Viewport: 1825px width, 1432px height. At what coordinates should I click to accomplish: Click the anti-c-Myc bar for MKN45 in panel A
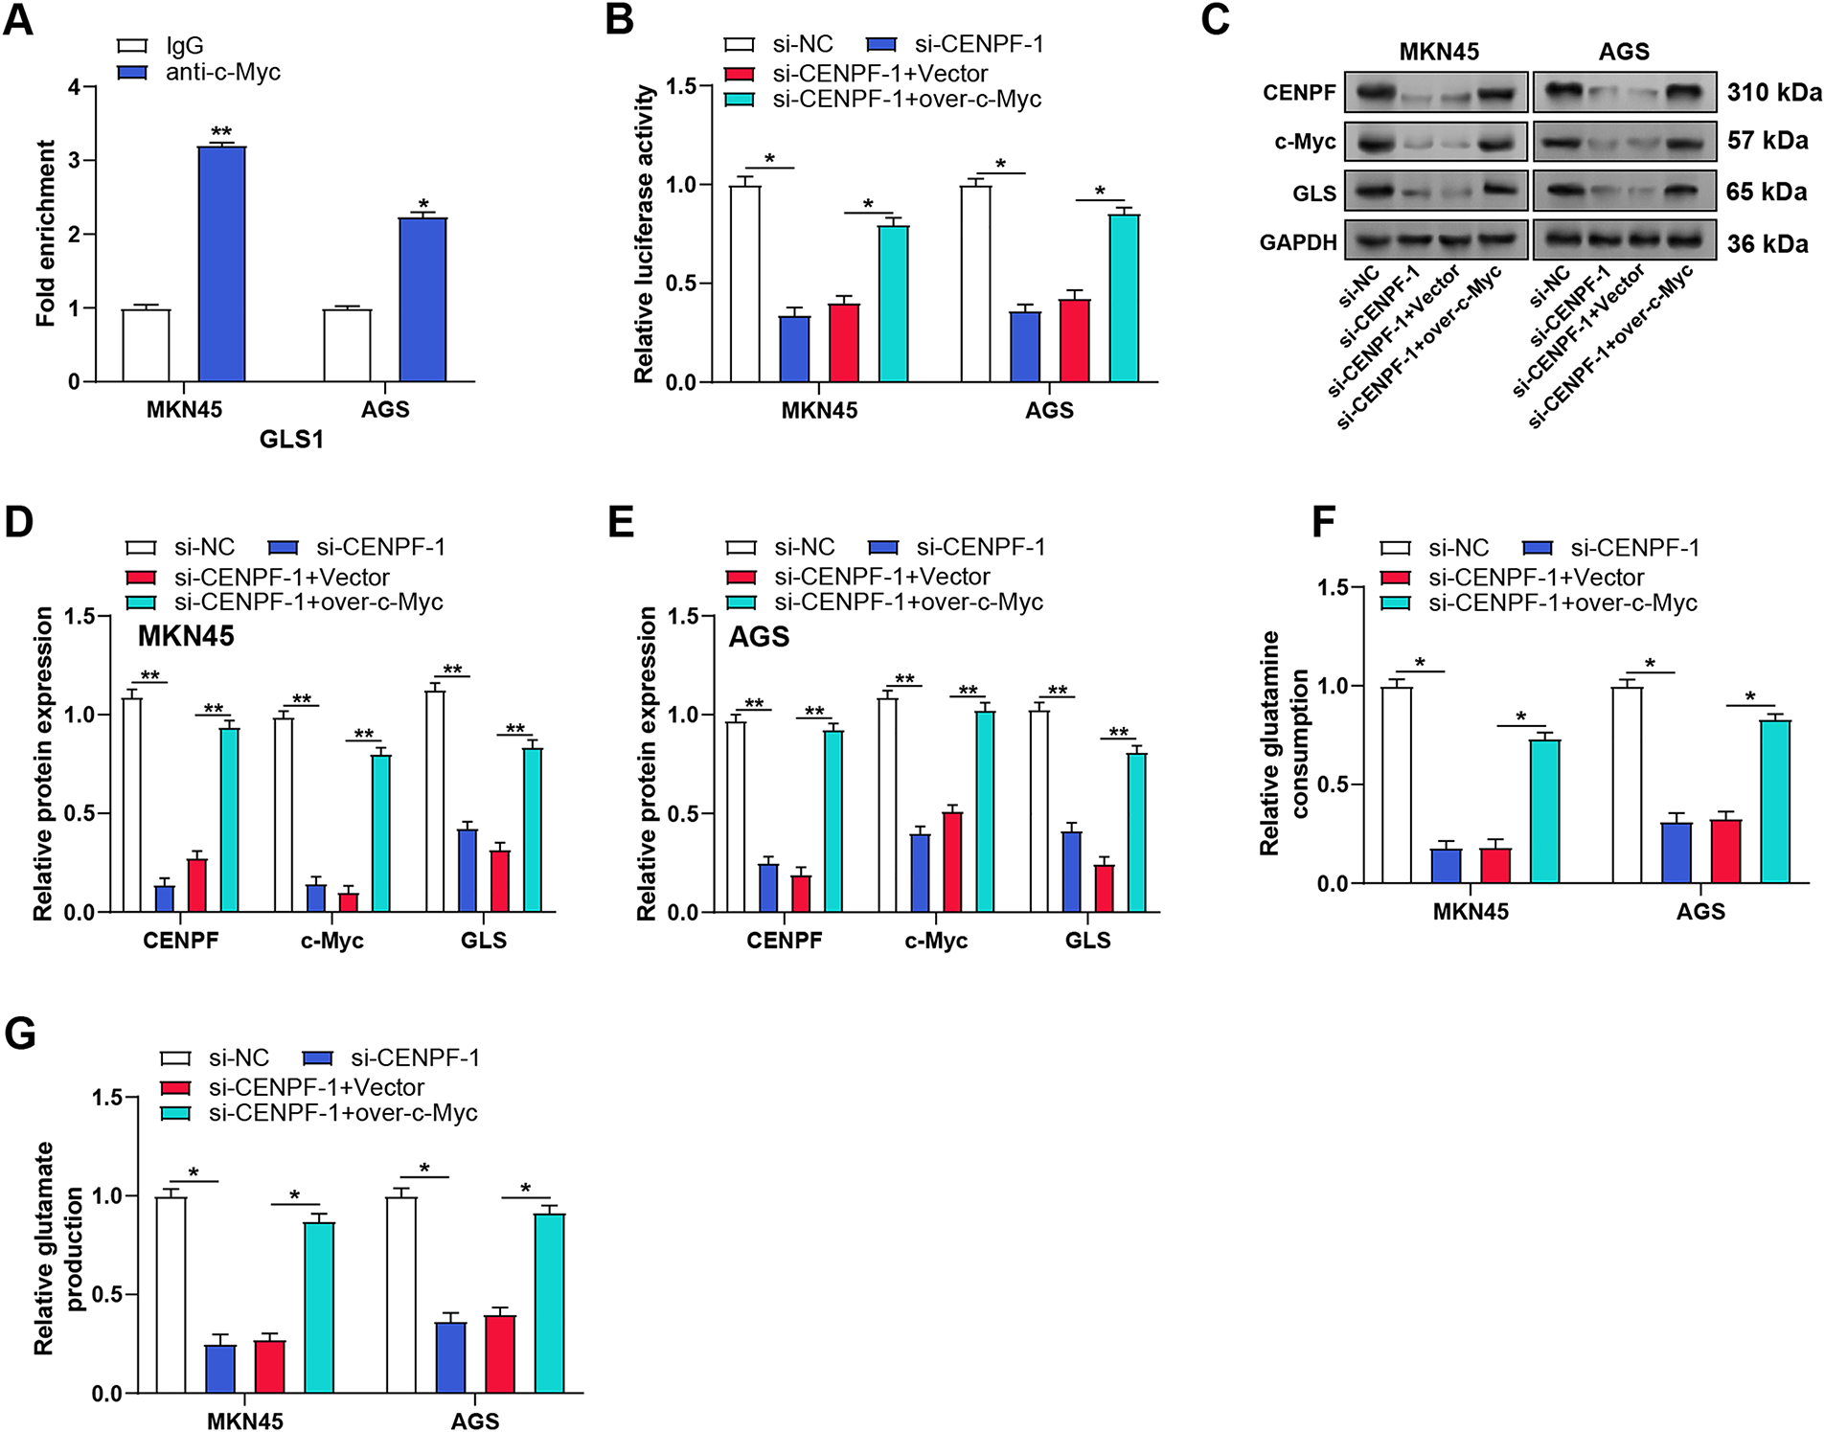tap(221, 263)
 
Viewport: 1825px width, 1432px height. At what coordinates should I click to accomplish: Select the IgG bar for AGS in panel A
tap(347, 345)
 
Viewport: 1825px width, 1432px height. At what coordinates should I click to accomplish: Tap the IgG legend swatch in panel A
tap(132, 46)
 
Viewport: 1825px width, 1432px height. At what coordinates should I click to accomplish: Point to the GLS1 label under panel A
tap(291, 440)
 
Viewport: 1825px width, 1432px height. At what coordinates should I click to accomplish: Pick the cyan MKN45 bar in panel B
tap(893, 304)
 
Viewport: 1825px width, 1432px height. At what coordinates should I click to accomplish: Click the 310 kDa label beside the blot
tap(1774, 93)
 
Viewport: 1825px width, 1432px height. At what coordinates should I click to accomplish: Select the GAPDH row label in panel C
tap(1297, 242)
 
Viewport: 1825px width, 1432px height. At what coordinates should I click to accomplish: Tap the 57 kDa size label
tap(1768, 141)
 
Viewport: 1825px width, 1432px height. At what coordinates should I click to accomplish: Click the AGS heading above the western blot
tap(1624, 52)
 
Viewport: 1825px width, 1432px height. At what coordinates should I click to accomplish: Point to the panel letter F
tap(1323, 523)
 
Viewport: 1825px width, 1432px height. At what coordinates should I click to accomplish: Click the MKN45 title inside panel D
tap(186, 636)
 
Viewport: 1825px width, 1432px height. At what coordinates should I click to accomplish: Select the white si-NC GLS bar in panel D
tap(435, 801)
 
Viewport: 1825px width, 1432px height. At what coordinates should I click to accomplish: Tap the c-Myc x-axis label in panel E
tap(936, 941)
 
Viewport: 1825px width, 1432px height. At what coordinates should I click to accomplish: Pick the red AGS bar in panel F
tap(1725, 851)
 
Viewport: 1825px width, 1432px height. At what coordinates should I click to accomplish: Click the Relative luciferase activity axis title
tap(645, 234)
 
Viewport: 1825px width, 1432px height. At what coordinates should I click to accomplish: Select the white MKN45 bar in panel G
tap(171, 1294)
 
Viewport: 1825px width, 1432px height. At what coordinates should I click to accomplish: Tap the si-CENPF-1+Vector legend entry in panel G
tap(316, 1087)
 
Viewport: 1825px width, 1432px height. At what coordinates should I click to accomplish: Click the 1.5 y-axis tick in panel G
tap(107, 1098)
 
